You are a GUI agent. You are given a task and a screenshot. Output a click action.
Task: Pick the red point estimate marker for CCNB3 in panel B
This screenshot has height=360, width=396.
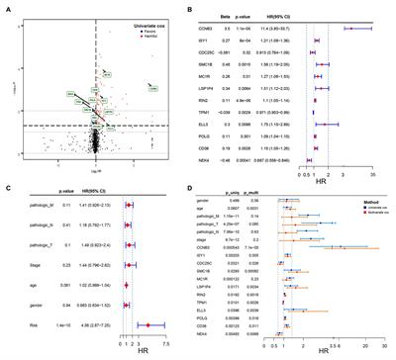point(348,30)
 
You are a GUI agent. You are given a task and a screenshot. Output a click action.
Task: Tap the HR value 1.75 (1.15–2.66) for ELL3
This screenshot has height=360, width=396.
point(289,125)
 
